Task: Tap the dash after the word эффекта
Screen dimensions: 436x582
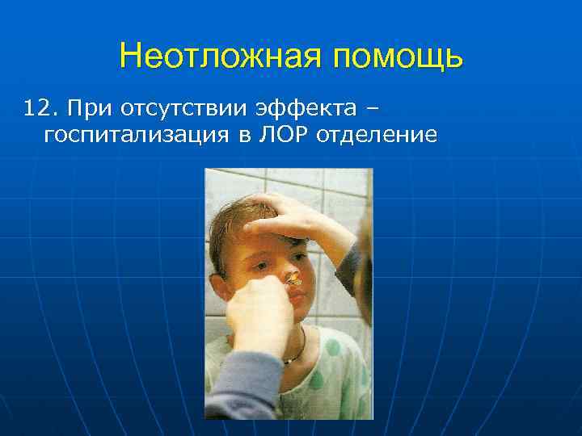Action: [371, 108]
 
